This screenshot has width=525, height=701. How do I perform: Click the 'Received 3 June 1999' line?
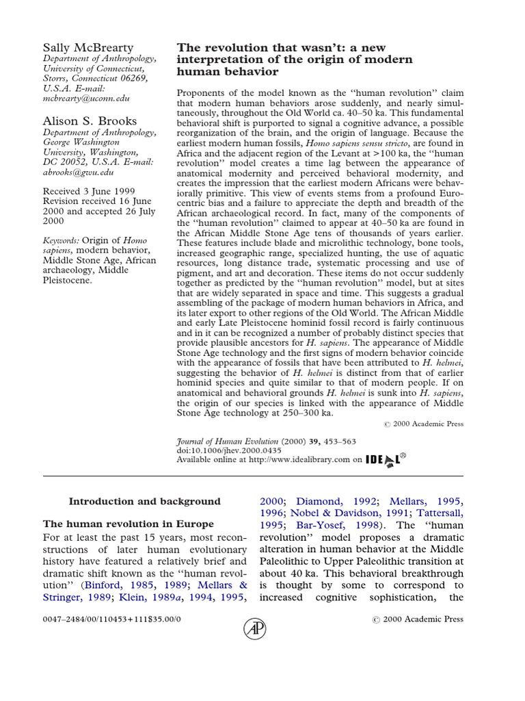point(89,192)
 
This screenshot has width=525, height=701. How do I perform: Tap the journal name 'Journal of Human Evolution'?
point(228,442)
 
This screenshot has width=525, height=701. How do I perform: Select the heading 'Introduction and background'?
point(145,502)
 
